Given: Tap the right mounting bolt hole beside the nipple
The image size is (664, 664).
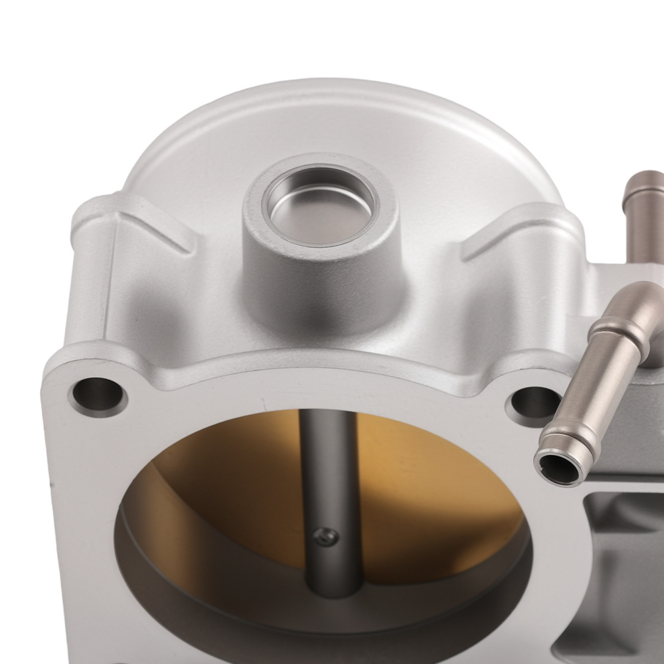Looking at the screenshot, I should pos(531,402).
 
